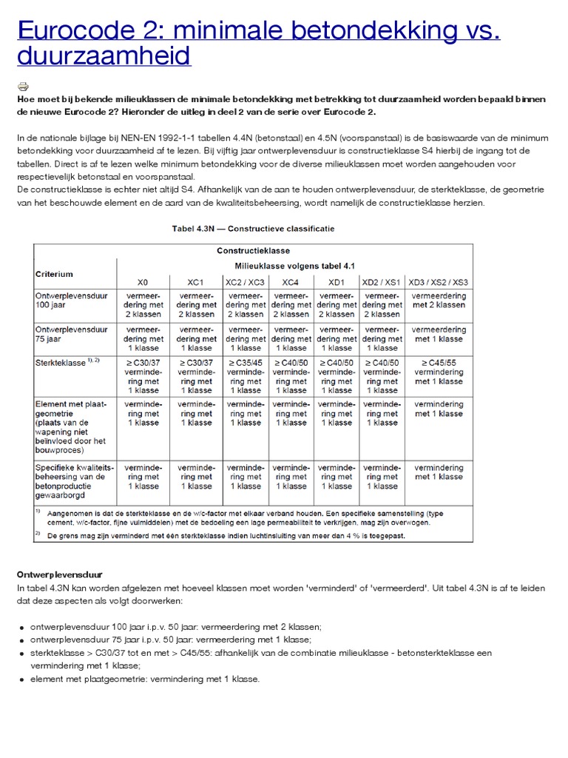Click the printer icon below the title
[x=22, y=85]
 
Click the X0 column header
[x=143, y=282]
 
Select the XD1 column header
[x=337, y=282]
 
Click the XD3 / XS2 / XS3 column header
[x=439, y=282]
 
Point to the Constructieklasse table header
[x=253, y=251]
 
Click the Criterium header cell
[x=55, y=274]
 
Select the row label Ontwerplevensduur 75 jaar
[x=72, y=334]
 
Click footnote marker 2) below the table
[x=38, y=532]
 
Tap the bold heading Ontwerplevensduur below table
[x=59, y=574]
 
